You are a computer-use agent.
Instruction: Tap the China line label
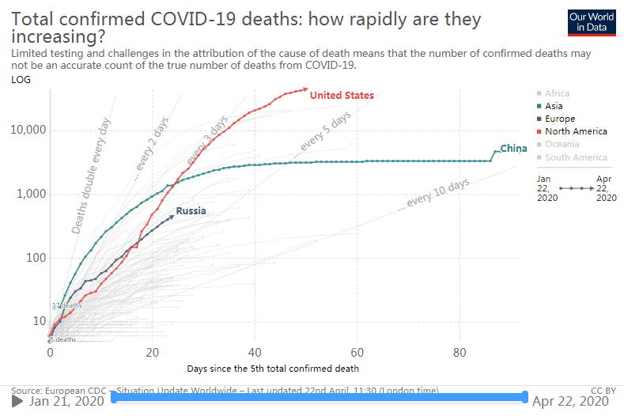(x=513, y=149)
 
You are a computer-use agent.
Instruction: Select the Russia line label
(x=191, y=211)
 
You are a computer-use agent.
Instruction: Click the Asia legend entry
(x=554, y=106)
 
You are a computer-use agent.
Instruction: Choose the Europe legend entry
(x=560, y=119)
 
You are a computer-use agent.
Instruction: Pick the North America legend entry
(x=576, y=131)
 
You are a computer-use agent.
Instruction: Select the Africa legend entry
(x=557, y=93)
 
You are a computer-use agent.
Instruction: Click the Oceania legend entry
(x=562, y=144)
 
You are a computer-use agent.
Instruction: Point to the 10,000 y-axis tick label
(x=28, y=130)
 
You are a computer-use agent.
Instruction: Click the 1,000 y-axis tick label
(x=32, y=194)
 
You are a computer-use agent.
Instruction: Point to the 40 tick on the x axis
(x=255, y=352)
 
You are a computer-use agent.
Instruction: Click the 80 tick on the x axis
(x=459, y=352)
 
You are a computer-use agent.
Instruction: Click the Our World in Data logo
(x=592, y=22)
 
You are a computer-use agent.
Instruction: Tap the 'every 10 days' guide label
(x=438, y=193)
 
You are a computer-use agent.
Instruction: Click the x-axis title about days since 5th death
(x=273, y=369)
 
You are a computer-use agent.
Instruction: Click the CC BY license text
(x=603, y=390)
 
